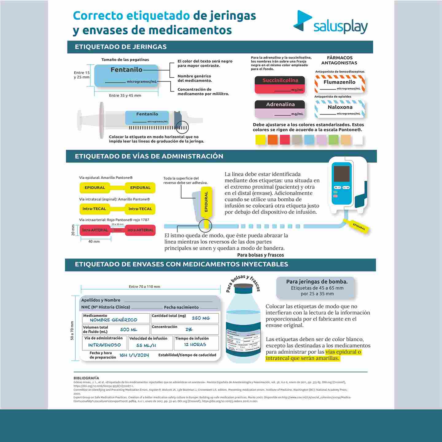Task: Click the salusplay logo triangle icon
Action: click(x=302, y=21)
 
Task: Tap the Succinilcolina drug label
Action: click(x=280, y=85)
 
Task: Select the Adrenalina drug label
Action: click(x=280, y=109)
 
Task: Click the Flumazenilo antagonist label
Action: click(x=339, y=84)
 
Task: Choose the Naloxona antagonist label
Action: click(x=340, y=109)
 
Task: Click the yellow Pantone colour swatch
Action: click(x=261, y=140)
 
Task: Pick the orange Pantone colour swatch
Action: click(x=273, y=140)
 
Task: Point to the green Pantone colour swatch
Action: click(x=333, y=140)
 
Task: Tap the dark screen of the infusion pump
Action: click(x=341, y=174)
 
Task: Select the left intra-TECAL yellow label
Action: click(x=94, y=209)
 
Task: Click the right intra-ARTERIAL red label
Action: click(x=140, y=230)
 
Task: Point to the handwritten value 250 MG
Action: click(x=201, y=318)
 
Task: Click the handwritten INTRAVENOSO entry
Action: click(x=104, y=345)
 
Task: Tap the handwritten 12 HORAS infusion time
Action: click(x=195, y=345)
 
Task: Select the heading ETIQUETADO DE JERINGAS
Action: click(x=121, y=47)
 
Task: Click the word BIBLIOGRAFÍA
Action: click(x=86, y=378)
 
